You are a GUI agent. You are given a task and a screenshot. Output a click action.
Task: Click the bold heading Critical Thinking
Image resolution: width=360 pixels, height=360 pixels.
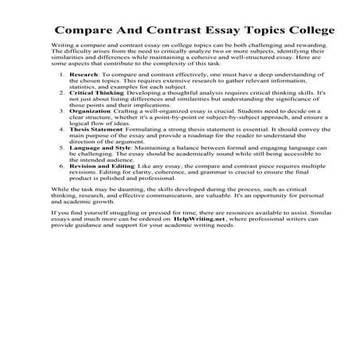[x=97, y=115]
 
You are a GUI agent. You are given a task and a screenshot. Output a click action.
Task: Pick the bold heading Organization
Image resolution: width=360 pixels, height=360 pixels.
[x=90, y=134]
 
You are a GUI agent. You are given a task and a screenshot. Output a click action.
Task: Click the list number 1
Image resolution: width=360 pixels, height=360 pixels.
[x=63, y=96]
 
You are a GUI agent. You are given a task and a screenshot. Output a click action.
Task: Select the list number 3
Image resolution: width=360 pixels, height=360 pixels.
[x=63, y=134]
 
